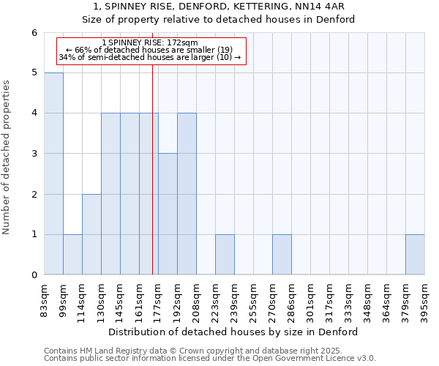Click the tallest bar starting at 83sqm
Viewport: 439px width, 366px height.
click(x=53, y=173)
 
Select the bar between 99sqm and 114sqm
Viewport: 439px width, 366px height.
click(x=72, y=255)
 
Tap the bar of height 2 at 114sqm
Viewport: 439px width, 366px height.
click(x=91, y=234)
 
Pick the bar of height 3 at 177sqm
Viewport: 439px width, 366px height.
click(x=168, y=214)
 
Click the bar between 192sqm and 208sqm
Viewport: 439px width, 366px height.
click(x=187, y=194)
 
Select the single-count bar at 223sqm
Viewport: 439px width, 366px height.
click(x=225, y=255)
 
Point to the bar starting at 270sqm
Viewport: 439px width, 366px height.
click(x=282, y=255)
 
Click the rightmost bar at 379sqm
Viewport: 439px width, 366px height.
click(x=415, y=255)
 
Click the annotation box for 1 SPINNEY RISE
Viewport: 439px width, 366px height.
click(x=150, y=51)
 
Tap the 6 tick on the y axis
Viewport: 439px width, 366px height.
click(x=34, y=32)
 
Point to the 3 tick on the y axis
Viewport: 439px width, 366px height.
click(x=34, y=154)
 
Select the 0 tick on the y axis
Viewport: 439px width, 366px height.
click(x=34, y=275)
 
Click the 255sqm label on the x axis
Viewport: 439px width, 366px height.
click(x=253, y=298)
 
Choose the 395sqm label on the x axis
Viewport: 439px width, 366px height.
click(x=424, y=298)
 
